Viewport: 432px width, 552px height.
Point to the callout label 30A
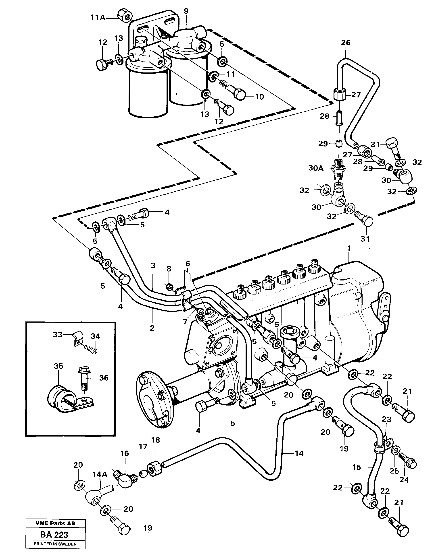point(316,168)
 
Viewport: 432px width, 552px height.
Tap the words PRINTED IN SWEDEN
point(55,544)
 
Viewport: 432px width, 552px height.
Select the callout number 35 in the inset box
point(58,366)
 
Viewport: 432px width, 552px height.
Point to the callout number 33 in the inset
point(57,335)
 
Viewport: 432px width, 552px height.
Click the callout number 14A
point(100,474)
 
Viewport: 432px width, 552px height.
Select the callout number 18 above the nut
point(156,440)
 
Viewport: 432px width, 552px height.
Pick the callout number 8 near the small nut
point(169,269)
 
